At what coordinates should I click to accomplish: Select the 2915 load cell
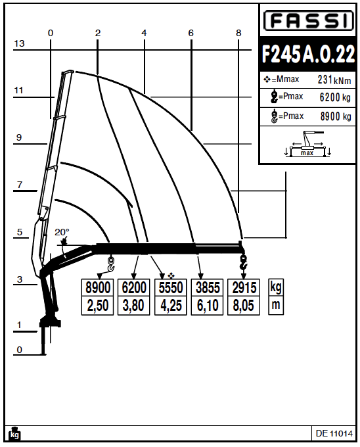point(243,288)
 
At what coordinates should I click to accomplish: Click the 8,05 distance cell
point(243,306)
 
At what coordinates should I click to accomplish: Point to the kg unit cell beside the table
point(275,288)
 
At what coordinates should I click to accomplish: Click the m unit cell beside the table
point(275,306)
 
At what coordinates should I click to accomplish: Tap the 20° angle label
point(61,233)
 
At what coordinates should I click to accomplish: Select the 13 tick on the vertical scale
point(19,43)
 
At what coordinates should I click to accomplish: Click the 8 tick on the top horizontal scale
point(238,33)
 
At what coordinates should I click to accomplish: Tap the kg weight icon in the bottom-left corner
point(14,434)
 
